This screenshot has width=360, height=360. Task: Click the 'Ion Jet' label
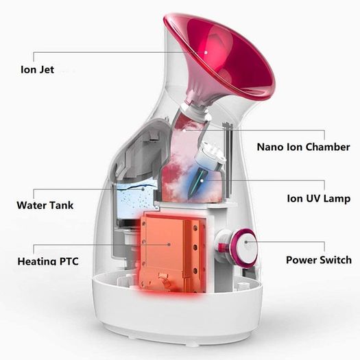pyautogui.click(x=37, y=69)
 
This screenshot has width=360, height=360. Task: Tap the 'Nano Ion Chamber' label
pyautogui.click(x=303, y=147)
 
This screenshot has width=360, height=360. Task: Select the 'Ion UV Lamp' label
pyautogui.click(x=319, y=198)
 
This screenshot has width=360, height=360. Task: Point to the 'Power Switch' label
pyautogui.click(x=319, y=260)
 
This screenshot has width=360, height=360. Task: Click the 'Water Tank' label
pyautogui.click(x=45, y=205)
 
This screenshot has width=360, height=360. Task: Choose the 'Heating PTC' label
pyautogui.click(x=48, y=261)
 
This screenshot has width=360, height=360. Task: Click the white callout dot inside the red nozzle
pyautogui.click(x=206, y=52)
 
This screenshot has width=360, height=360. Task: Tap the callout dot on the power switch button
pyautogui.click(x=246, y=242)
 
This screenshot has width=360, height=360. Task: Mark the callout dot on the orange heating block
pyautogui.click(x=169, y=245)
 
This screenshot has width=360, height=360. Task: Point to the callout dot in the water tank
pyautogui.click(x=143, y=189)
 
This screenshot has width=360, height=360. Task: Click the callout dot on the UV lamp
pyautogui.click(x=202, y=180)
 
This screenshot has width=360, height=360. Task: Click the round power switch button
pyautogui.click(x=244, y=245)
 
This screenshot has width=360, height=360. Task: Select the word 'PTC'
pyautogui.click(x=69, y=261)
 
